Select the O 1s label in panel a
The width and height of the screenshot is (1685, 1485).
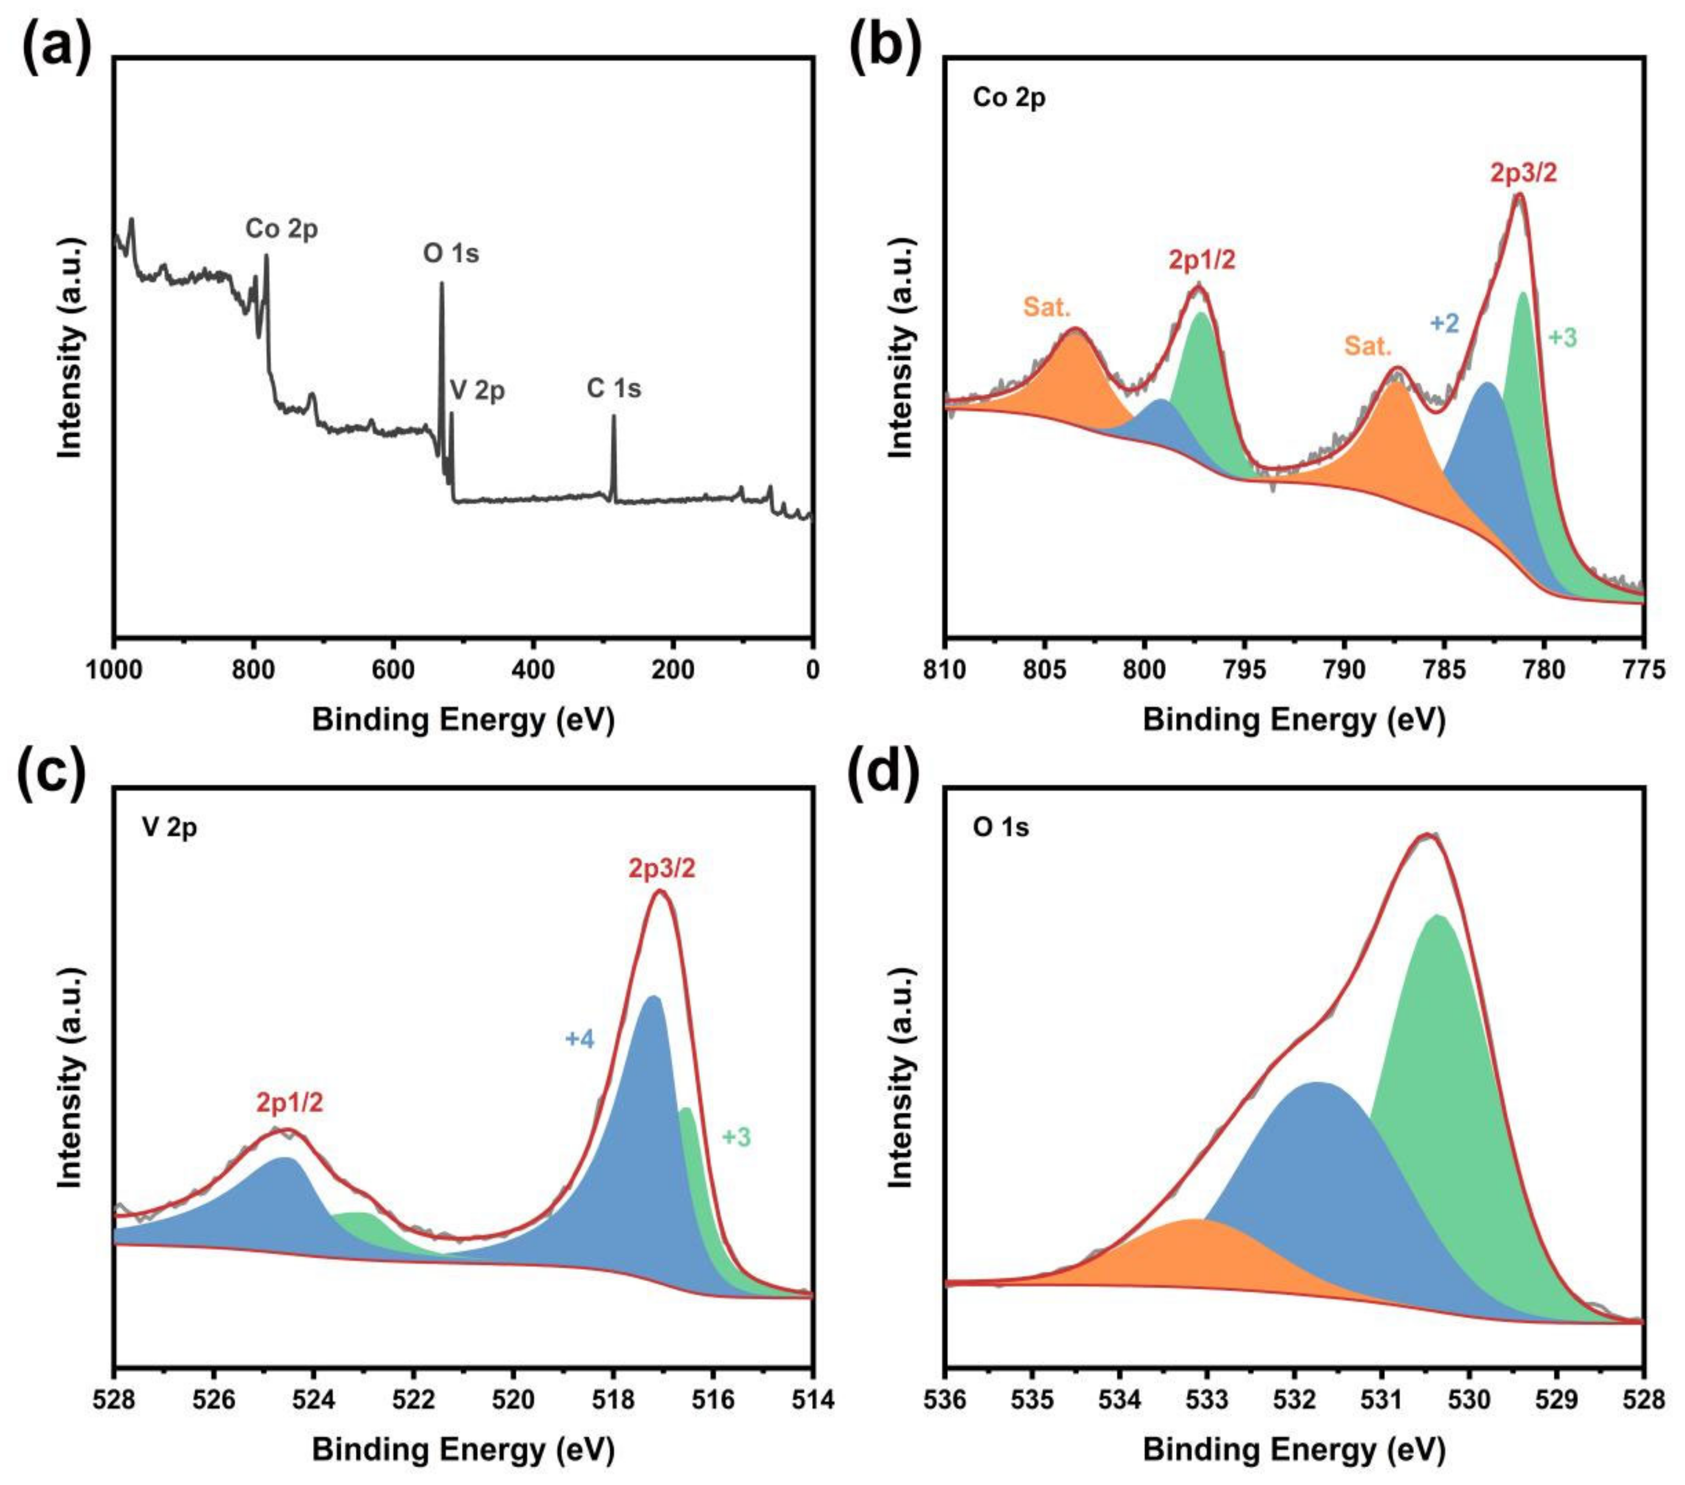tap(451, 253)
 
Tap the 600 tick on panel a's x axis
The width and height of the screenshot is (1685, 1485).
tap(393, 671)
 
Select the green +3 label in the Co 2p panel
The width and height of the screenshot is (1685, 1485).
tap(1562, 338)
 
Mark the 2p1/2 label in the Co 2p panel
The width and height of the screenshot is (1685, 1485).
tap(1202, 261)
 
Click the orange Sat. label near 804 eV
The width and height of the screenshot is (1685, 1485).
tap(1047, 308)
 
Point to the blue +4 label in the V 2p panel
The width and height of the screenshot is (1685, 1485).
tap(580, 1039)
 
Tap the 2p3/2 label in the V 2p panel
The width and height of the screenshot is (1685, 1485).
tap(662, 868)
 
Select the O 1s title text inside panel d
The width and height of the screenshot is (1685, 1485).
tap(1001, 827)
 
